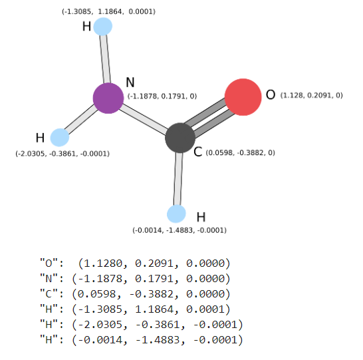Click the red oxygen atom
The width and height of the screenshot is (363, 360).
coord(243,97)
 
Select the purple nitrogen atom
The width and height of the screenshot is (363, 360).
coord(108,98)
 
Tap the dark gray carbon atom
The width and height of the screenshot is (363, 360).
coord(180,138)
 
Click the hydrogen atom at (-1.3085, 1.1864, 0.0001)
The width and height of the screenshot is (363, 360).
coord(103,27)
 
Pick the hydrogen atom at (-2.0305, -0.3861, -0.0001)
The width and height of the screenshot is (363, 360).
coord(60,138)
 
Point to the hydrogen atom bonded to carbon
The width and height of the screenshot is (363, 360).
coord(176,214)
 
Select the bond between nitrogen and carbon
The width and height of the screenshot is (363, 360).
coord(144,118)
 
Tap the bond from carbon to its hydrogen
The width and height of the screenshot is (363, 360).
coord(178,178)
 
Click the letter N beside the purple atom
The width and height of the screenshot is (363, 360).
coord(130,83)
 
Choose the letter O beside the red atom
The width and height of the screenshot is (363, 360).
coord(271,94)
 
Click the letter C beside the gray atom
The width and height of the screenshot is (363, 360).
coord(198,152)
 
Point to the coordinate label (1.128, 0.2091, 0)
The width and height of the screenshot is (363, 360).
coord(312,95)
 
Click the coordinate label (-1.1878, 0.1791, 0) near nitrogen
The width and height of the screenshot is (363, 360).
coord(162,96)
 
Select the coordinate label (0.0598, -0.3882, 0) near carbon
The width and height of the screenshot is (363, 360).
coord(240,152)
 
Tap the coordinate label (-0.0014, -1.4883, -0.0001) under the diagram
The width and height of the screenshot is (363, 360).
coord(180,230)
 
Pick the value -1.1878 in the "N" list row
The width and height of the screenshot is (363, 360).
coord(100,279)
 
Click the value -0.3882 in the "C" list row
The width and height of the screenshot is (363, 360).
coord(152,294)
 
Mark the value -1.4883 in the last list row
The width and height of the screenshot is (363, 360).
coord(158,340)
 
